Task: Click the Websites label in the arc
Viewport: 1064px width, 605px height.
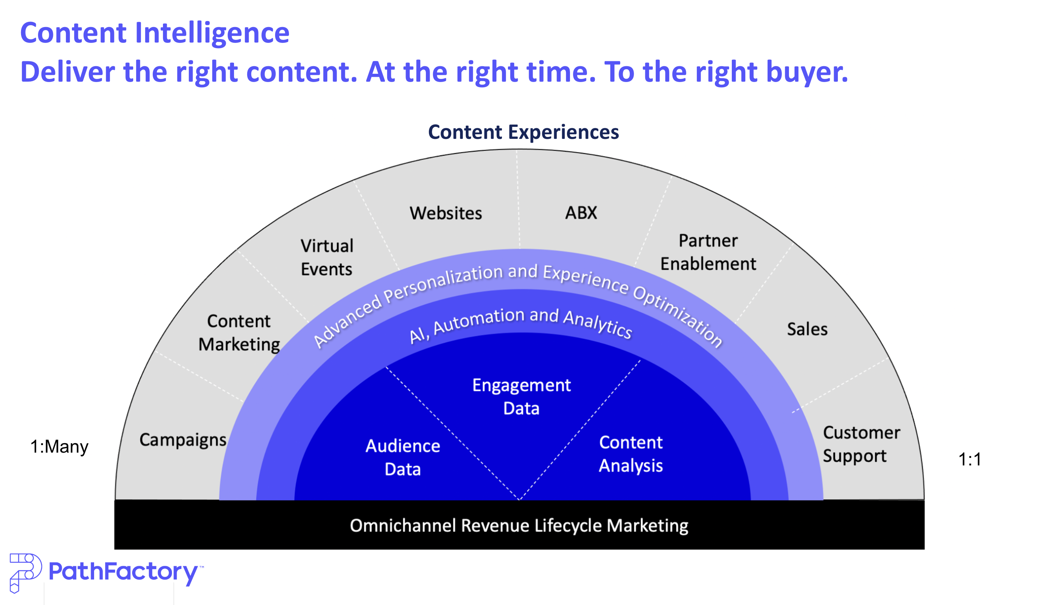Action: point(445,213)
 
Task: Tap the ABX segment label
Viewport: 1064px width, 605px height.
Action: point(581,213)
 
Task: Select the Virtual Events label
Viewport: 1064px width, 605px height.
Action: point(327,257)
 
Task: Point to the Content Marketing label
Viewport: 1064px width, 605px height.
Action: point(239,333)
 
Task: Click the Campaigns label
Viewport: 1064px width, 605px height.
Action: point(183,439)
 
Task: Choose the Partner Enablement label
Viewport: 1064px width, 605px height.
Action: point(708,252)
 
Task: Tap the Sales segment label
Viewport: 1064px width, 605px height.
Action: point(807,329)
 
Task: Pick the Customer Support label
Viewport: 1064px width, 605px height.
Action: point(861,444)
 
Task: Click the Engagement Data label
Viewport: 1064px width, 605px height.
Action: point(521,397)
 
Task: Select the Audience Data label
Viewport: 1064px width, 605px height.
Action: point(403,457)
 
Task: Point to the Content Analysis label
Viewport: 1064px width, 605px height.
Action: point(631,454)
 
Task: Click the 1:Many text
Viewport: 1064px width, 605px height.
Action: point(59,447)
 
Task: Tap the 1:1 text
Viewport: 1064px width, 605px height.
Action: point(969,459)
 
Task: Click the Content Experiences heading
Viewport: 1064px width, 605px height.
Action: point(523,132)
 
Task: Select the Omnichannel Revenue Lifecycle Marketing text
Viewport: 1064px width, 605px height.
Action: point(519,526)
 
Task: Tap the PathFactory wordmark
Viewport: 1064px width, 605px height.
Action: point(123,572)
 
